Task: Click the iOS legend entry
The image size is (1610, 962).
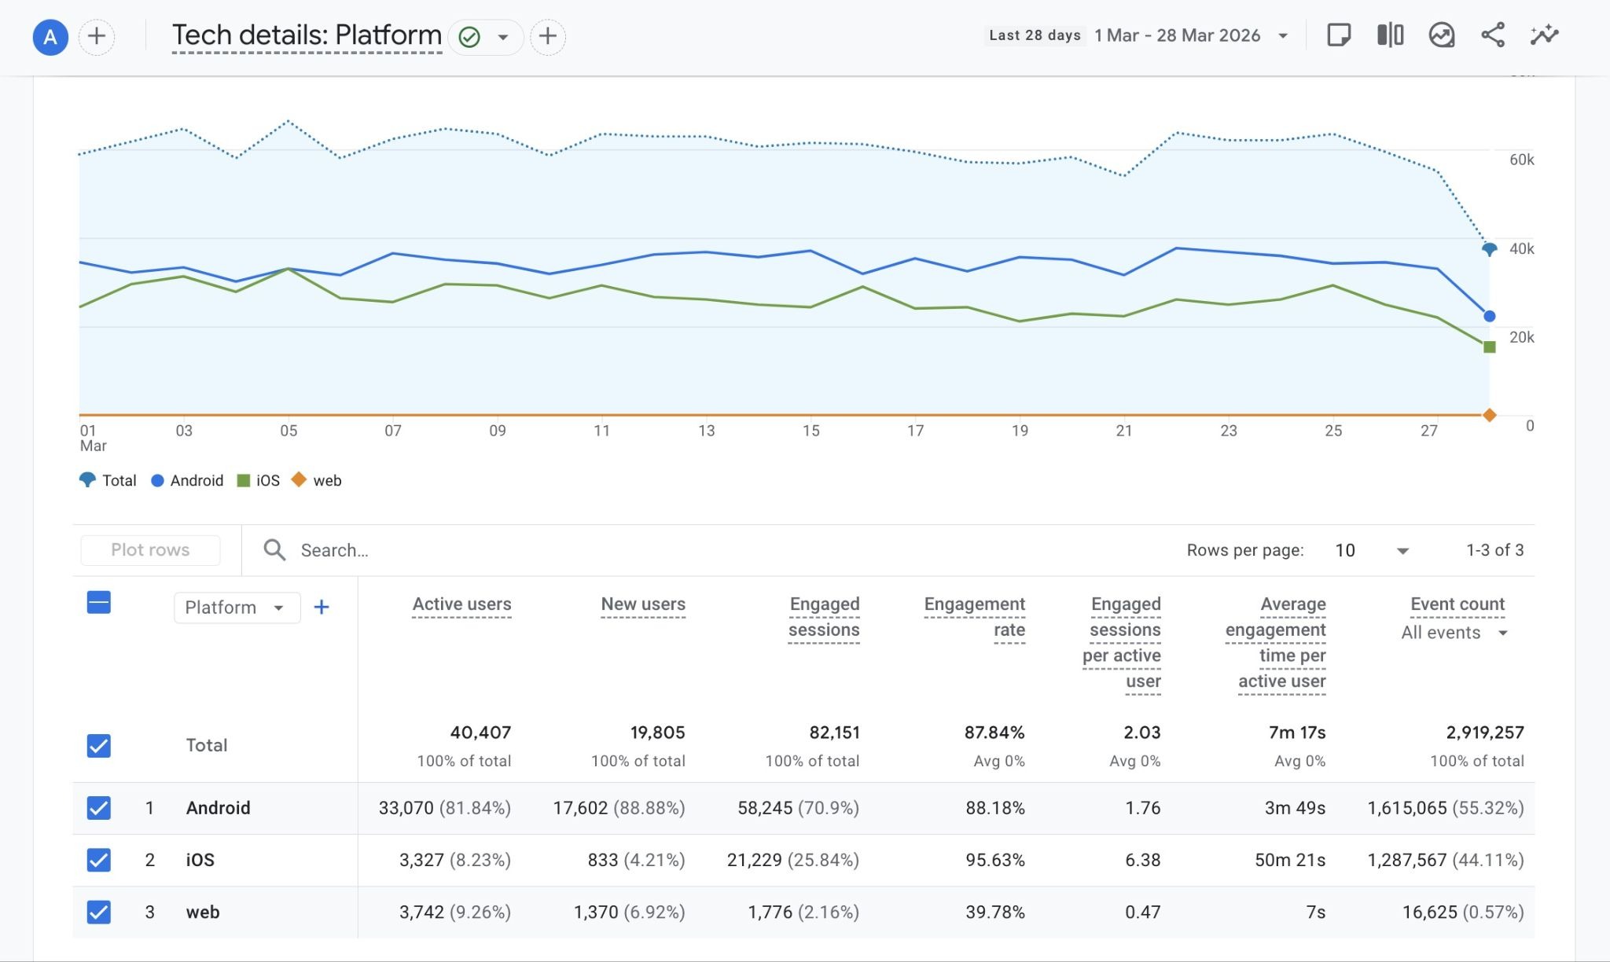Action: (259, 480)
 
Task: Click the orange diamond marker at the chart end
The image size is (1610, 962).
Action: (1489, 415)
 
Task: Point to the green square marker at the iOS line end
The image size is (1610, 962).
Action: (1489, 347)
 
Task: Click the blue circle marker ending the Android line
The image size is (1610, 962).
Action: (1489, 316)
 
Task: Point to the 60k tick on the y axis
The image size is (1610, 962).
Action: (1521, 160)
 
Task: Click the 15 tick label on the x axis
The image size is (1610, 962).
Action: (811, 431)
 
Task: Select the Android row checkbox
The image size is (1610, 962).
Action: (98, 808)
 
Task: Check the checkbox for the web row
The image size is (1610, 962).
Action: (98, 912)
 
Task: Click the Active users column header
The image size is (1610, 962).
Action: (461, 604)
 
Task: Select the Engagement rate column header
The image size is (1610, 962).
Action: (974, 617)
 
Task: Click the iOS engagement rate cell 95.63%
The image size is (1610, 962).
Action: (994, 860)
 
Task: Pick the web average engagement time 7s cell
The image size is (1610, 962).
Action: (1315, 912)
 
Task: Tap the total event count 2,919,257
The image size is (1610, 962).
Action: (1484, 733)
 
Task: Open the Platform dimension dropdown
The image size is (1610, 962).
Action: (236, 608)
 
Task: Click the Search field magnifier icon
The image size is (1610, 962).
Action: (274, 550)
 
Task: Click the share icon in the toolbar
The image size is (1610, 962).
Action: (1492, 35)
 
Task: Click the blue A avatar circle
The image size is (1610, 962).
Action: (50, 37)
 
